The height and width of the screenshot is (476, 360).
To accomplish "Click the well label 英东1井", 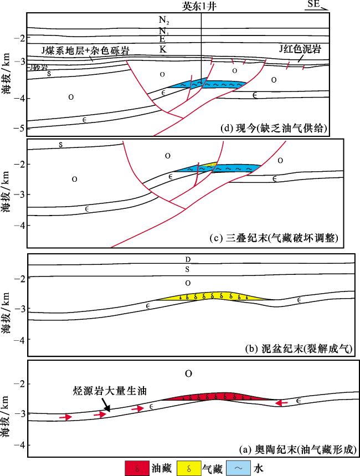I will tap(201, 6).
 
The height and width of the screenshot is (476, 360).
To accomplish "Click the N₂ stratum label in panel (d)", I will tap(163, 21).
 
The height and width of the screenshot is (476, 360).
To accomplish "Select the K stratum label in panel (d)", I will tap(163, 50).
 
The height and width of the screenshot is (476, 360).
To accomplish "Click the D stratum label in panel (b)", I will tap(189, 259).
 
